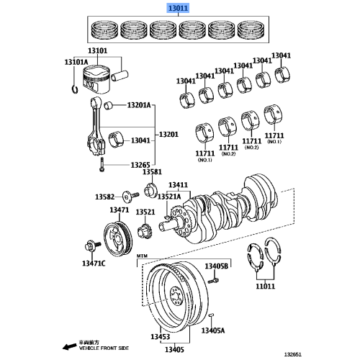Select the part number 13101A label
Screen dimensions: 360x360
76,63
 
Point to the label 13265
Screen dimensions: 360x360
140,165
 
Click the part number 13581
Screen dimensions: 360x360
151,173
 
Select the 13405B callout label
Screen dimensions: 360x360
216,266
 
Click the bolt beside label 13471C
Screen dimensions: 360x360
90,244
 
